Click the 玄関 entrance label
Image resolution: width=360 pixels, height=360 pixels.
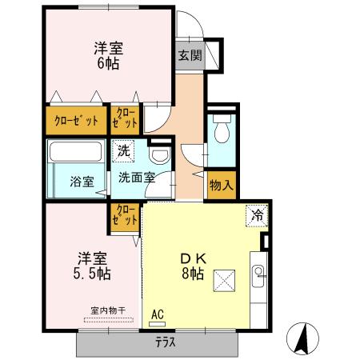click(x=190, y=56)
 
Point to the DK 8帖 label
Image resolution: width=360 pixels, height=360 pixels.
click(x=194, y=265)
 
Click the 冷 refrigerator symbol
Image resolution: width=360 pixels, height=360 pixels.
click(x=257, y=214)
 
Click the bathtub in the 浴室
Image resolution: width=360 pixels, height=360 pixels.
click(x=74, y=153)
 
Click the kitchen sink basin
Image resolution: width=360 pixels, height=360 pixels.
click(x=259, y=276)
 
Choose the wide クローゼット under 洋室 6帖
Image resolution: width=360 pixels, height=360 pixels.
click(x=76, y=121)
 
